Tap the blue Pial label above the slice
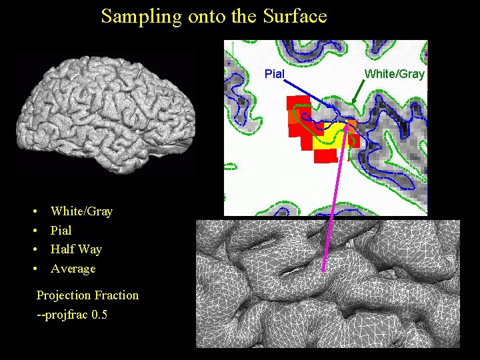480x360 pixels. [274, 73]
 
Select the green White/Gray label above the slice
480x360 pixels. [395, 73]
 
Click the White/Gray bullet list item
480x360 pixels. [81, 211]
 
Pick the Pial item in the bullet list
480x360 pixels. [61, 231]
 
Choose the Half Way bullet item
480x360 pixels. [76, 249]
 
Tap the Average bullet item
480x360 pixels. [73, 269]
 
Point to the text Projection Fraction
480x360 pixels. [87, 295]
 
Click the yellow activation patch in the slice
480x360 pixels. [333, 133]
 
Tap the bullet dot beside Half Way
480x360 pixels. [34, 249]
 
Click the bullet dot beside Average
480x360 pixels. [34, 269]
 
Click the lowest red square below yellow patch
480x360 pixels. [325, 156]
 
